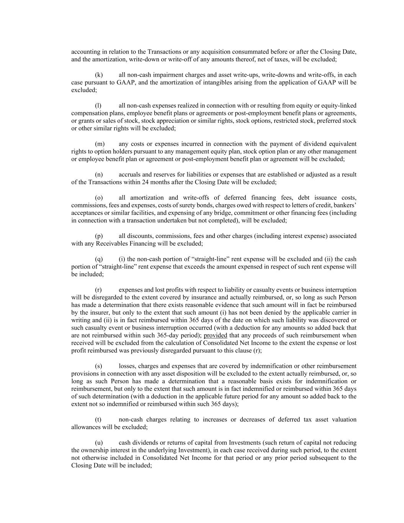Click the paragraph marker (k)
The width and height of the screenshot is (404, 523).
click(x=99, y=75)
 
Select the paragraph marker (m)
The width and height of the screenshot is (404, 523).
click(x=100, y=144)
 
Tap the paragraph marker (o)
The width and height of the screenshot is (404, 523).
click(x=99, y=197)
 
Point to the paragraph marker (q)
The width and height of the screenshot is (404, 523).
click(x=99, y=259)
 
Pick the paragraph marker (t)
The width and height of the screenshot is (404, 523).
click(x=98, y=420)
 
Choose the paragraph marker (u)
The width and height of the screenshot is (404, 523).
click(x=99, y=443)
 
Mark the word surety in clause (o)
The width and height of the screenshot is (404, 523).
click(x=191, y=205)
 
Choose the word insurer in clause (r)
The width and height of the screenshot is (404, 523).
click(x=94, y=312)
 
